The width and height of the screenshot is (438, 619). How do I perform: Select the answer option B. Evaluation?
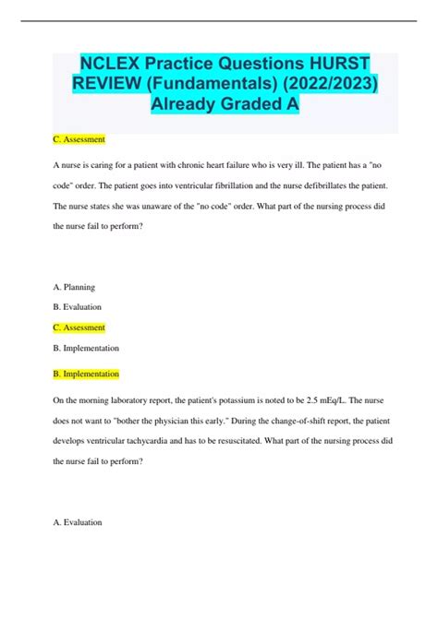coord(79,307)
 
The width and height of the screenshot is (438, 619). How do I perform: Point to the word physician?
coord(172,421)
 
